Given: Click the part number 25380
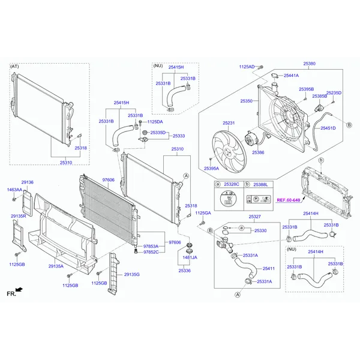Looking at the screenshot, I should coord(309,63).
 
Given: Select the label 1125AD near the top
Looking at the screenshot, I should coord(247,67).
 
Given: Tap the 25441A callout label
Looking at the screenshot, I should coord(292,76).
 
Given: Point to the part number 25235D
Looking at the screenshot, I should coord(334,93).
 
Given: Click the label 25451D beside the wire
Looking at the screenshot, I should coord(328,128).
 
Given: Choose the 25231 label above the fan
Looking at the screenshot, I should coord(229,123).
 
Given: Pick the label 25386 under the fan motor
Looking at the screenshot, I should coord(258,152).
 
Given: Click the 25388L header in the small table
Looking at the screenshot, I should coord(260,184).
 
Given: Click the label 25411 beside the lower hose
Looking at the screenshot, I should coord(268,268).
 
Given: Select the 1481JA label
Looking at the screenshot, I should coord(190,257).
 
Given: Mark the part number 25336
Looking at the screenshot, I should coord(184,271).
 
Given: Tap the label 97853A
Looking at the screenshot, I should coord(151,246).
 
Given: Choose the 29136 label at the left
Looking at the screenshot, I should coord(28,182).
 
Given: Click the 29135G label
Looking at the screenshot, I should coord(131,274).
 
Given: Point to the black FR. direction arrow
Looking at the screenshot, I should coord(20,290).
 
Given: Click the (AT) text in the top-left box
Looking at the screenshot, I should coord(15,66).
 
